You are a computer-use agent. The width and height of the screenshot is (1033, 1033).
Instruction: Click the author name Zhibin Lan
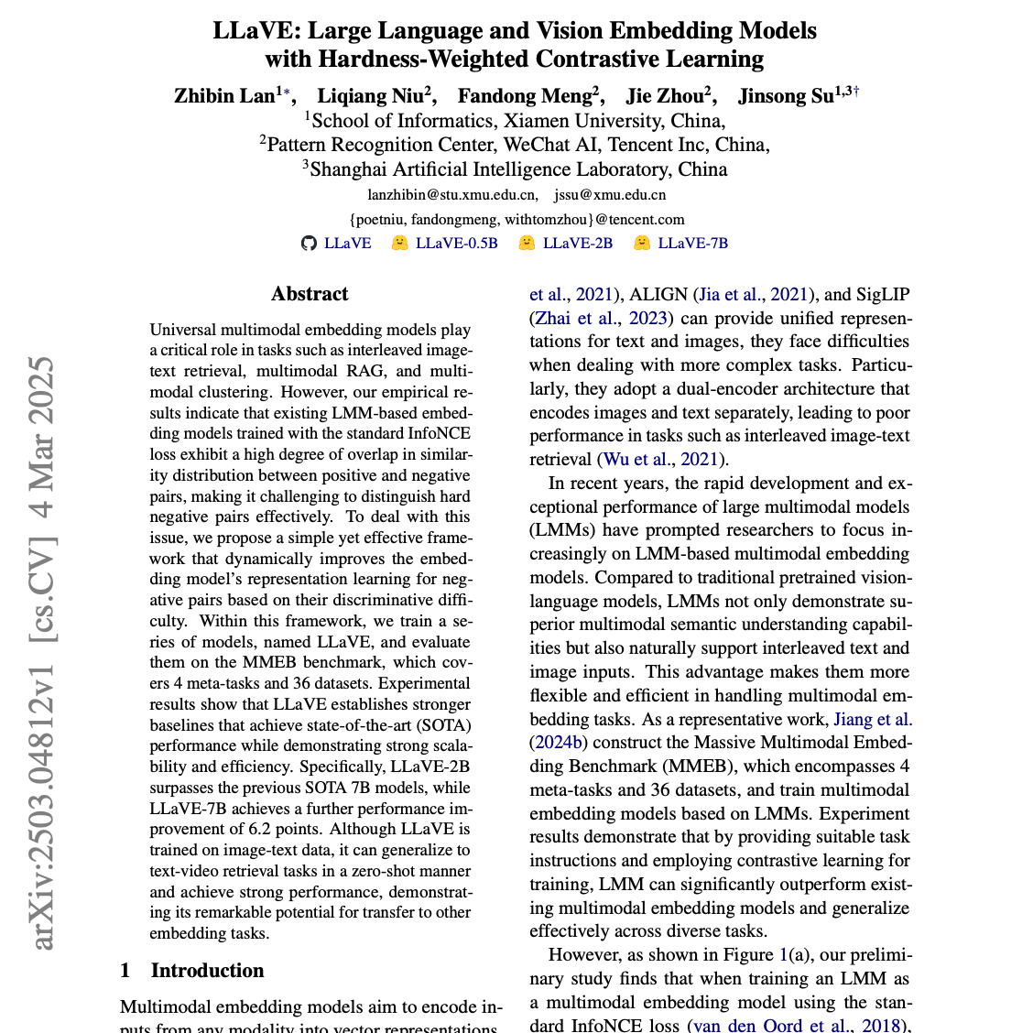click(x=224, y=96)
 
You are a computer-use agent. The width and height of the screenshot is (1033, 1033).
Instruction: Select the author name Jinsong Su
click(x=786, y=96)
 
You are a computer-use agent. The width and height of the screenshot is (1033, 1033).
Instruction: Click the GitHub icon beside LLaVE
click(x=309, y=244)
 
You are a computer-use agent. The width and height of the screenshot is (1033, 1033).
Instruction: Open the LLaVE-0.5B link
click(x=456, y=244)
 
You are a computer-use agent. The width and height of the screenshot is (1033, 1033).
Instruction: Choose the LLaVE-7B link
click(x=692, y=244)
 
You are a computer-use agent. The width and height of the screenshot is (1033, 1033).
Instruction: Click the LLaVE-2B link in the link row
click(x=577, y=244)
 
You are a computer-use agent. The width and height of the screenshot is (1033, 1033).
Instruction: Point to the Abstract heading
click(x=310, y=294)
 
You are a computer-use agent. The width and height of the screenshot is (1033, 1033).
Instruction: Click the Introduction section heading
click(x=207, y=971)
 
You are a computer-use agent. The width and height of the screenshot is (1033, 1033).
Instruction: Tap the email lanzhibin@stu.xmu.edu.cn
click(x=452, y=195)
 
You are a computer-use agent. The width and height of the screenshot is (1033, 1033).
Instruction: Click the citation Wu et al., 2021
click(x=659, y=460)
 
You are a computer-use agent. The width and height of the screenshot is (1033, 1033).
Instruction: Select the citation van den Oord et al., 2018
click(x=795, y=1026)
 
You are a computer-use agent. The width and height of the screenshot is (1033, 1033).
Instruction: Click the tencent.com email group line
click(x=516, y=220)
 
